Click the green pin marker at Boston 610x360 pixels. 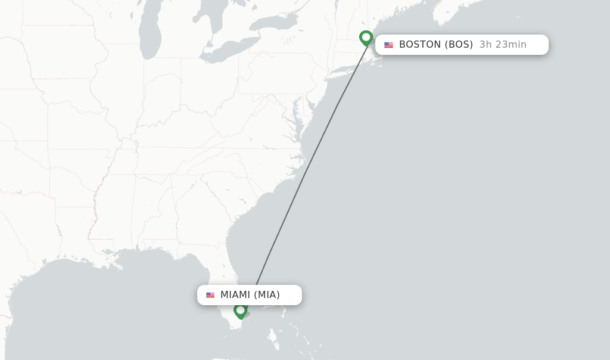(x=366, y=38)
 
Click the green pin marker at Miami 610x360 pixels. (x=240, y=310)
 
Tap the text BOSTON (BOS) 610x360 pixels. (x=435, y=45)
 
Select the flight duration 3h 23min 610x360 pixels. (x=503, y=45)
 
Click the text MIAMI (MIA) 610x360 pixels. (x=250, y=295)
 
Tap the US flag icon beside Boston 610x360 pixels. (x=388, y=45)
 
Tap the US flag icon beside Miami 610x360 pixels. (x=210, y=295)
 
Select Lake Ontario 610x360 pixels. (x=272, y=23)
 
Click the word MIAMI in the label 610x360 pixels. (x=235, y=295)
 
